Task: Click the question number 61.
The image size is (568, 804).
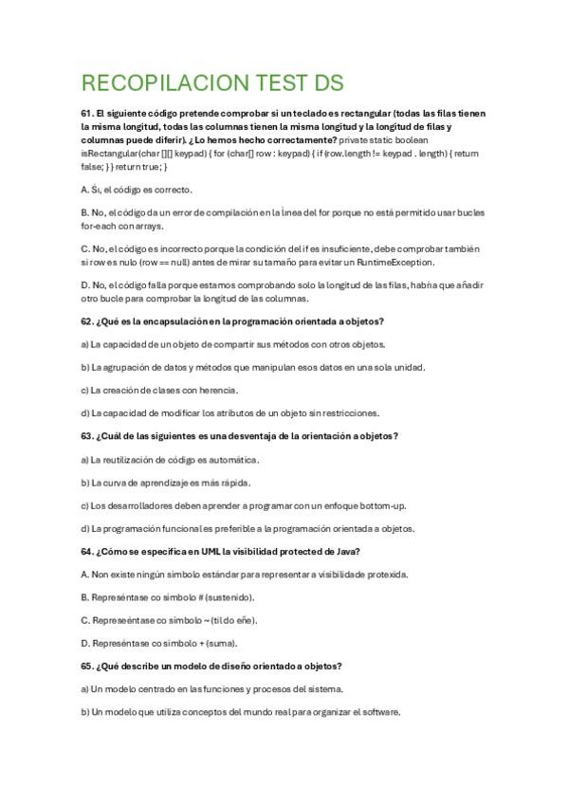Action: pyautogui.click(x=87, y=114)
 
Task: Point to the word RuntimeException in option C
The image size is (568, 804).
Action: pyautogui.click(x=395, y=262)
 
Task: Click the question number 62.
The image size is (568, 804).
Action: pyautogui.click(x=87, y=321)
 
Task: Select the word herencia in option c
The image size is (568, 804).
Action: pyautogui.click(x=216, y=390)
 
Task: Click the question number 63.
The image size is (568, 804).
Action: pyautogui.click(x=87, y=436)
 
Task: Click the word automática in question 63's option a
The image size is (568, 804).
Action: pyautogui.click(x=232, y=459)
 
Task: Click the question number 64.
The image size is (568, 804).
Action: pyautogui.click(x=87, y=551)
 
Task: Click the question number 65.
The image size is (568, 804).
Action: pyautogui.click(x=87, y=667)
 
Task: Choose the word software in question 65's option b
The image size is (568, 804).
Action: pyautogui.click(x=380, y=712)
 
